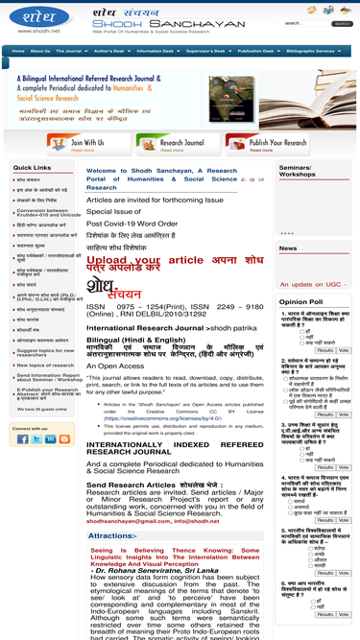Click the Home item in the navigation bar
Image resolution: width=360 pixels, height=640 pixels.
pyautogui.click(x=18, y=51)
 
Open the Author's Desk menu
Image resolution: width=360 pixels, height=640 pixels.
pyautogui.click(x=108, y=51)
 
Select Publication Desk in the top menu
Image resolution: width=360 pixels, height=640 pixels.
pyautogui.click(x=255, y=51)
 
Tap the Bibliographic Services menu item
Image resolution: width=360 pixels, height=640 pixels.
pyautogui.click(x=311, y=51)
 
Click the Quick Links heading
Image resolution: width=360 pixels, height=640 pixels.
pyautogui.click(x=33, y=167)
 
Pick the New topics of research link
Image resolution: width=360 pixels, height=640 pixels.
pyautogui.click(x=45, y=365)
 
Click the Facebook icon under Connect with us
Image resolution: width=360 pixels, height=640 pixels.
pyautogui.click(x=21, y=439)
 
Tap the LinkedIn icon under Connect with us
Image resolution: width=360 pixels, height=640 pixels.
pyautogui.click(x=50, y=439)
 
